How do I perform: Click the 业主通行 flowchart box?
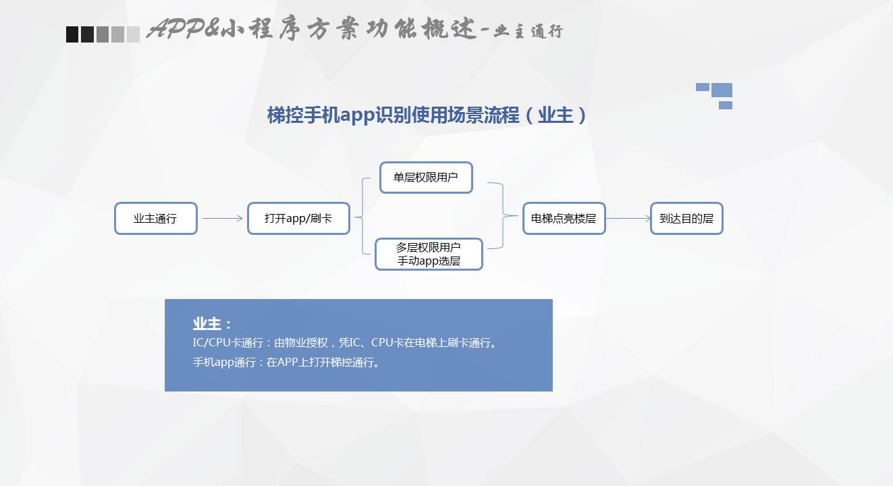(156, 219)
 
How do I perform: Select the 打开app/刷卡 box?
(298, 219)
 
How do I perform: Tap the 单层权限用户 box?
(426, 178)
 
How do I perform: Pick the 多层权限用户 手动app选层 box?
(429, 254)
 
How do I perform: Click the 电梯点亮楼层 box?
(564, 219)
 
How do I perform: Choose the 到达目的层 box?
(686, 219)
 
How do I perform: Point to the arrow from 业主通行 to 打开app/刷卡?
(223, 218)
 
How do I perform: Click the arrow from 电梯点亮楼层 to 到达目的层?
(628, 218)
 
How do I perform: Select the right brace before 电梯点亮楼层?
(503, 216)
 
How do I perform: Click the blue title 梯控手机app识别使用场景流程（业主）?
(426, 115)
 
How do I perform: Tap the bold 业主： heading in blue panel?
(212, 324)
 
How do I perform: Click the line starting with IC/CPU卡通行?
(344, 342)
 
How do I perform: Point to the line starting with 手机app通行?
(286, 362)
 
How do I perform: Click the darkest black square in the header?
(72, 34)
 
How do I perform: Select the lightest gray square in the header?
(133, 34)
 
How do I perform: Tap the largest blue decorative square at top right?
(722, 90)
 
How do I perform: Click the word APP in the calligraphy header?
(175, 29)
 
